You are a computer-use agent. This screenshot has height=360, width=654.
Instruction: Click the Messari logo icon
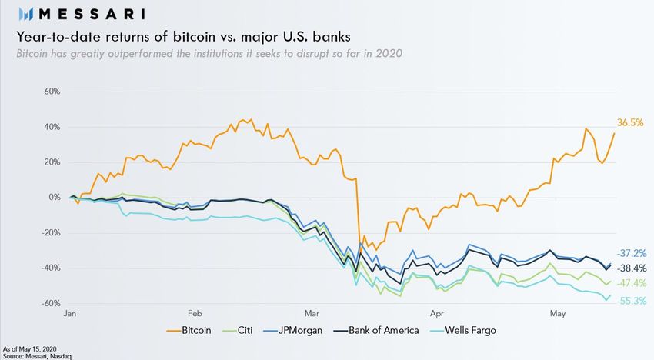click(x=25, y=14)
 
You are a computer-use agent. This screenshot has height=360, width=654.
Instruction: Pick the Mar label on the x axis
click(x=311, y=314)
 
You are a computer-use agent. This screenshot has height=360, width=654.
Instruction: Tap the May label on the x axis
click(x=558, y=314)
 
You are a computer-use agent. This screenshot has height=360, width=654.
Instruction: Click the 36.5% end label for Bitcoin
click(x=630, y=122)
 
